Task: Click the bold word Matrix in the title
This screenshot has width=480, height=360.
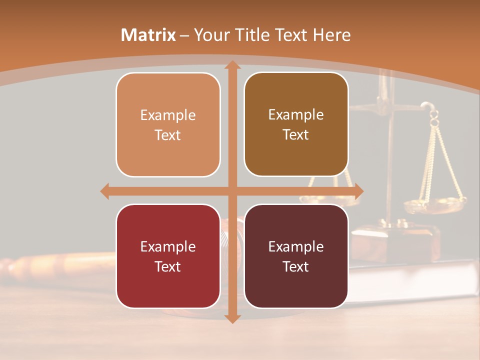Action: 148,35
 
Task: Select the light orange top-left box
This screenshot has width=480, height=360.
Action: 168,124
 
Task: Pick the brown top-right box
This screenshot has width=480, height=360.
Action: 296,124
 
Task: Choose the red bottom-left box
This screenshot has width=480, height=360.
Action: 168,256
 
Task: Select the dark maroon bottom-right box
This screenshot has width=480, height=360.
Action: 296,256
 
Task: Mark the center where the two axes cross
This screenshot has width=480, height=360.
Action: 232,191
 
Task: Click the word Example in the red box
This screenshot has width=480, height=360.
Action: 168,246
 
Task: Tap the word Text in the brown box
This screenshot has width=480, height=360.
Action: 296,135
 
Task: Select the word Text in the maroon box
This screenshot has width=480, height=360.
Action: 296,266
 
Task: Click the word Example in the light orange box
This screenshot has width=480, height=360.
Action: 168,115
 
